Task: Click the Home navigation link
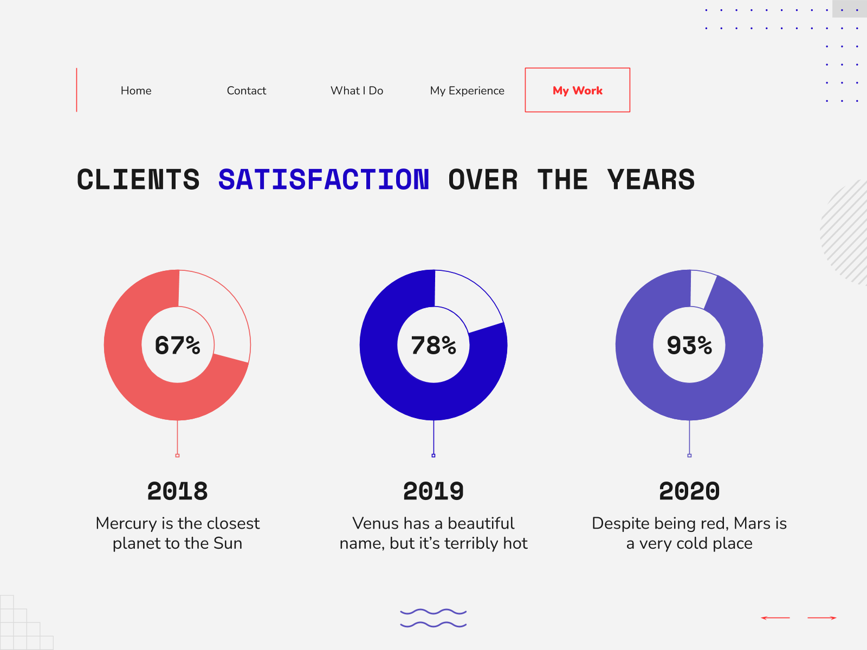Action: [136, 91]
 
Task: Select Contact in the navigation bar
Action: [247, 91]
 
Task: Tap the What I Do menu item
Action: [357, 91]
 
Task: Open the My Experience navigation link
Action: [467, 91]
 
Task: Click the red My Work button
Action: [578, 90]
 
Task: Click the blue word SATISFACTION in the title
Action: [323, 180]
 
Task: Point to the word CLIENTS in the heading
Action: [138, 180]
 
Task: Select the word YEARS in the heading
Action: [651, 180]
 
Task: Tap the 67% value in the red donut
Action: [177, 346]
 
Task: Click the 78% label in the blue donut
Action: [433, 346]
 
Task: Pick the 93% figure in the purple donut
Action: [689, 346]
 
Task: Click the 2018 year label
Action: [177, 491]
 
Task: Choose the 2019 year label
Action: [433, 491]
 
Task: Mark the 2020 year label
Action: [689, 491]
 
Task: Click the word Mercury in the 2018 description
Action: [126, 524]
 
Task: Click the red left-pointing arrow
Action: [775, 617]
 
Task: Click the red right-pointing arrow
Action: [822, 617]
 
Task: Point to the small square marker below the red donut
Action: [177, 456]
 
